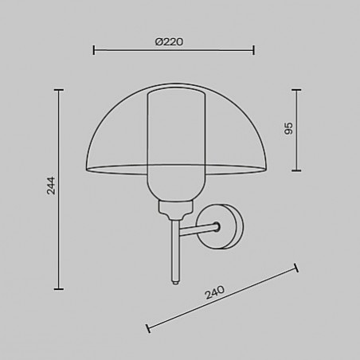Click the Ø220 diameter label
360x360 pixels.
pyautogui.click(x=169, y=42)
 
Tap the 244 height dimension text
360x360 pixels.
pyautogui.click(x=51, y=186)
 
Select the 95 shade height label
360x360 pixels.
pyautogui.click(x=288, y=128)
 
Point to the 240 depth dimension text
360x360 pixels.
pyautogui.click(x=214, y=292)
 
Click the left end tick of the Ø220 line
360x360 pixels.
pyautogui.click(x=94, y=50)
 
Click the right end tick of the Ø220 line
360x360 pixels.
pyautogui.click(x=254, y=50)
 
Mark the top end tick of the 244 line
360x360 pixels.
pyautogui.click(x=59, y=90)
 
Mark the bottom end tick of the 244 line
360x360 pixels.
pyautogui.click(x=59, y=289)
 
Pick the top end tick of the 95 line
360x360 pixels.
pyautogui.click(x=296, y=90)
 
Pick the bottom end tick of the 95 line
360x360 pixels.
pyautogui.click(x=296, y=170)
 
